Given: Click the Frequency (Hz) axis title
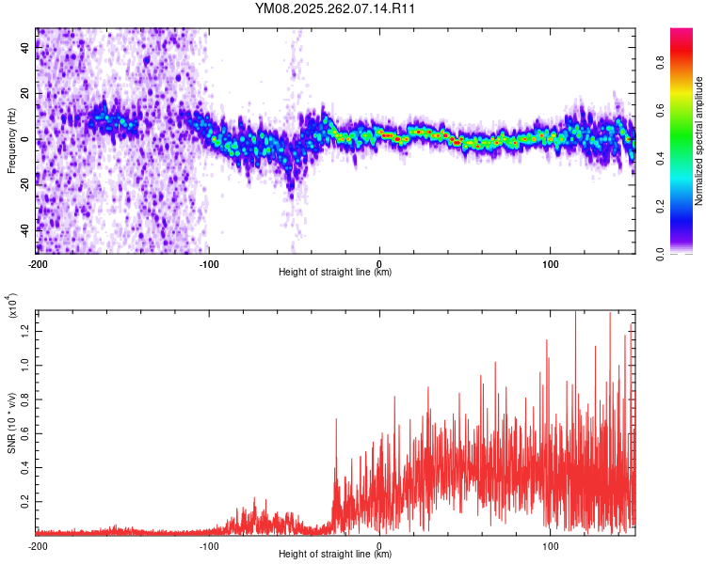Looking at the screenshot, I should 11,140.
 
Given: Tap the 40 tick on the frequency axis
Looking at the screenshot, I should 25,49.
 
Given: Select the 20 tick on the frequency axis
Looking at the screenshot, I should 25,94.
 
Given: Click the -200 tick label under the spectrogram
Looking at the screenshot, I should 38,263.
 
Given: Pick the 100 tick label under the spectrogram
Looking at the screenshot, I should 550,263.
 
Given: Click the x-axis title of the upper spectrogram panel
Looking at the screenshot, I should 335,272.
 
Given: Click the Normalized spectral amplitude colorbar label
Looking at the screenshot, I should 698,141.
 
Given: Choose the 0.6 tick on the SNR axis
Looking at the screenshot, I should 25,432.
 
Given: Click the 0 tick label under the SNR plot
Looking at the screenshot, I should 379,545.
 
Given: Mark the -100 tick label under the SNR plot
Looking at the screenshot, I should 208,545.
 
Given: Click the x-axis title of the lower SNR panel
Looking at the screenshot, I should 335,554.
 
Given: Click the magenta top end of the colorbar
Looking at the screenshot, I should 682,33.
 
